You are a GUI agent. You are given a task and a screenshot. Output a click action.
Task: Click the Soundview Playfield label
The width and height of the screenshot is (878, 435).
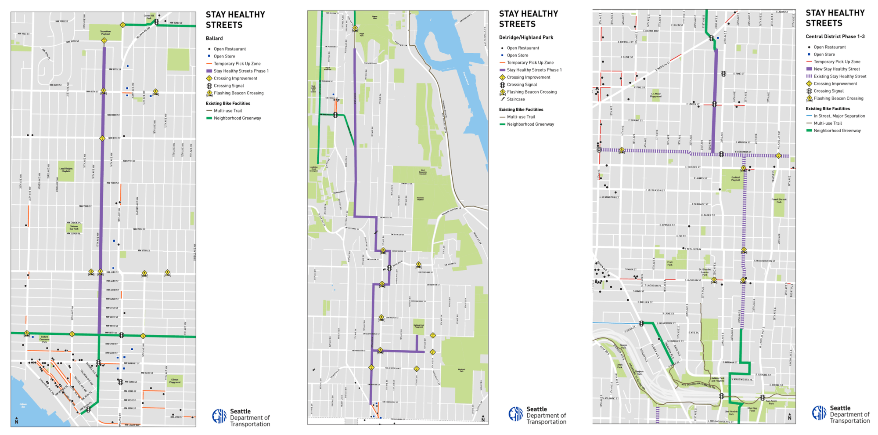point(105,32)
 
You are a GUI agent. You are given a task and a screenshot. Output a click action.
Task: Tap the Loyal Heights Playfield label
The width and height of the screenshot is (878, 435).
point(66,170)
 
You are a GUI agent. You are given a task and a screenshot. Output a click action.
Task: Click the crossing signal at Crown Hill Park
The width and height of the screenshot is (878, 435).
point(156,22)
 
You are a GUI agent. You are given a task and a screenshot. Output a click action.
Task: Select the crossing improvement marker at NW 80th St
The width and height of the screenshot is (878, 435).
point(102,138)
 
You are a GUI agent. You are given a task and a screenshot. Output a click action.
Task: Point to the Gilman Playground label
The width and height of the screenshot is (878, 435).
point(175,381)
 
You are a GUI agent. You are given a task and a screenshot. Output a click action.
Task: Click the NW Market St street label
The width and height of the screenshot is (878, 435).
point(132,363)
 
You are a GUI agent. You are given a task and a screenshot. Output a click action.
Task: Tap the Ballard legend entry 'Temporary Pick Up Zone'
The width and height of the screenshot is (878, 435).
point(237,64)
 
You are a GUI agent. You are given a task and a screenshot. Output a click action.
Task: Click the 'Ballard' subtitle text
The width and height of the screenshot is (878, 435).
point(214,39)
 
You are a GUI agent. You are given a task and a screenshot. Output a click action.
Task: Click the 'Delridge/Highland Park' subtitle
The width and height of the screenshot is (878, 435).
point(526,38)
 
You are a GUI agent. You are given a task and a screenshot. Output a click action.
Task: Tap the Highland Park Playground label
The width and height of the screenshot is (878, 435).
point(419,326)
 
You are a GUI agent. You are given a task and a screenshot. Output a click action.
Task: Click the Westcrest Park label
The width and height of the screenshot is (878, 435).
point(461,370)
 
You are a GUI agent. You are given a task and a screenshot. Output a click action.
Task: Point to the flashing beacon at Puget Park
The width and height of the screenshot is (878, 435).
point(355,29)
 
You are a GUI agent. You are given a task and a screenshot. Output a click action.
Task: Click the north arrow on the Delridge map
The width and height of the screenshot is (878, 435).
point(483,419)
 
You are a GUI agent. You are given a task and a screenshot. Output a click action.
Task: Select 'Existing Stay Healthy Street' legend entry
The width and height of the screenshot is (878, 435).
point(840,76)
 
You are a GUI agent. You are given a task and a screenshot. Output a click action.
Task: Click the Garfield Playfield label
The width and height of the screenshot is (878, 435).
point(736,179)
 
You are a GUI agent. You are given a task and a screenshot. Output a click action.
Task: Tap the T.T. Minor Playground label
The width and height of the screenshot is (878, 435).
point(655,94)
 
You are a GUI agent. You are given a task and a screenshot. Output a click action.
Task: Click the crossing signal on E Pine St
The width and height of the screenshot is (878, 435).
point(723,74)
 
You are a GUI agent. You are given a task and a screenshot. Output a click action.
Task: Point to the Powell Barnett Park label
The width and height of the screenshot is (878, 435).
point(779,200)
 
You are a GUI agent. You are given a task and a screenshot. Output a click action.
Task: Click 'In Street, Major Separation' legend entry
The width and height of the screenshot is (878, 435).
point(839,116)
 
